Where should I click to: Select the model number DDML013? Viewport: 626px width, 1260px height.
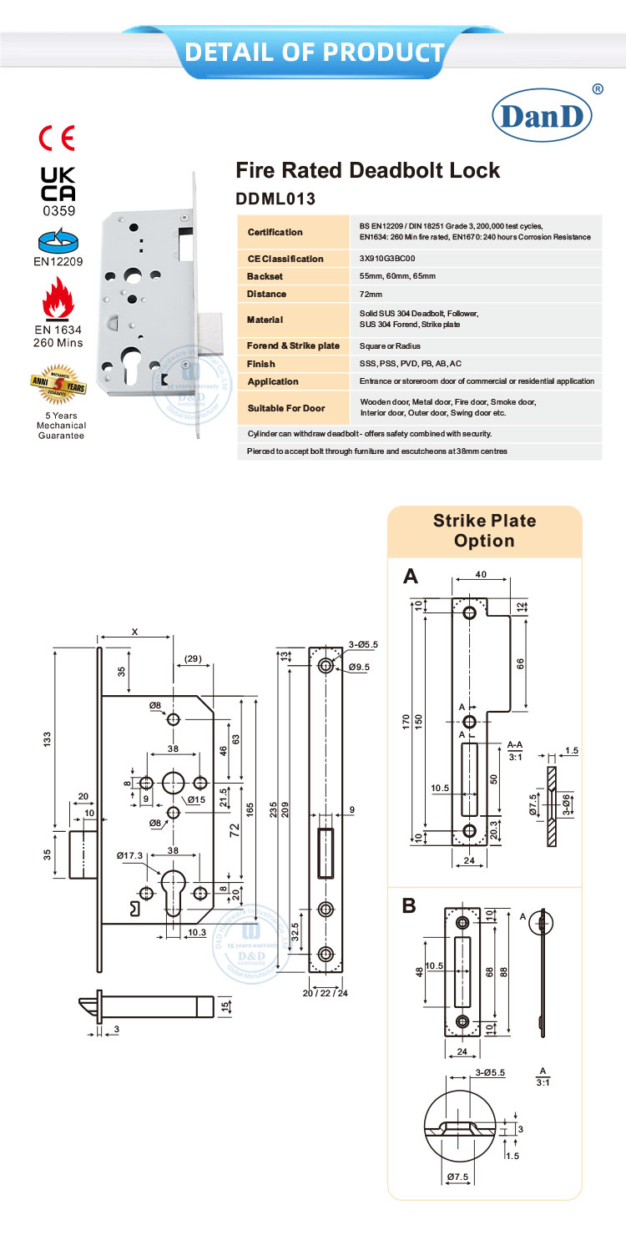pyautogui.click(x=276, y=199)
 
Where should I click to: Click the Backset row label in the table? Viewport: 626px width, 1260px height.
pyautogui.click(x=266, y=276)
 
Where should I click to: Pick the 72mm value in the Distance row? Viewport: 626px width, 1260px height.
pyautogui.click(x=371, y=295)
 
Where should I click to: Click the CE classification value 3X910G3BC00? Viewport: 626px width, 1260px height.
pyautogui.click(x=387, y=259)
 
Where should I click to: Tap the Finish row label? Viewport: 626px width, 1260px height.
pyautogui.click(x=261, y=364)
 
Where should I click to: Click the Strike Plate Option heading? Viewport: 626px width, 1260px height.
pyautogui.click(x=484, y=531)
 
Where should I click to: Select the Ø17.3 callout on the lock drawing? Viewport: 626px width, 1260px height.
pyautogui.click(x=130, y=854)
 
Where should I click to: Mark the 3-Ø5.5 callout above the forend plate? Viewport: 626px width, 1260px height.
pyautogui.click(x=364, y=644)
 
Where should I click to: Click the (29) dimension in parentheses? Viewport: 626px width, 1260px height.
pyautogui.click(x=192, y=659)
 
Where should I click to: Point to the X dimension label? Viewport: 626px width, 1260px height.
pyautogui.click(x=135, y=632)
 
